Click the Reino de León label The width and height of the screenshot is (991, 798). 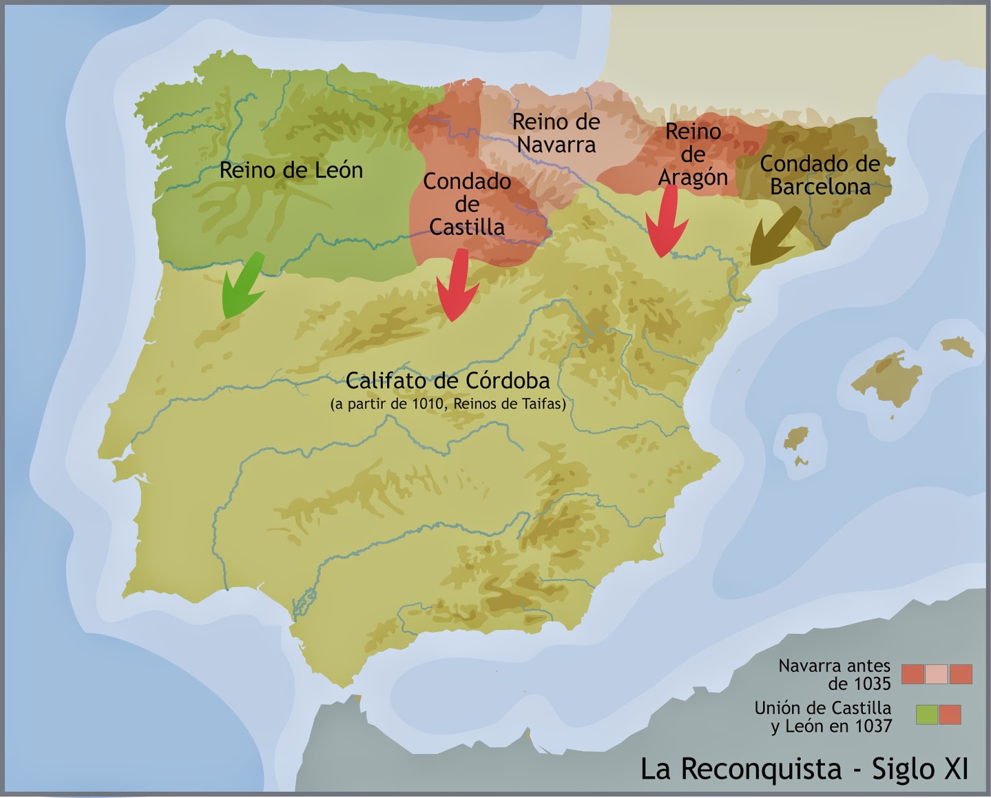pyautogui.click(x=291, y=170)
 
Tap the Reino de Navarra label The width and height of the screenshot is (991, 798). pyautogui.click(x=556, y=133)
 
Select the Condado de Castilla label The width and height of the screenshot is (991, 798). pyautogui.click(x=467, y=204)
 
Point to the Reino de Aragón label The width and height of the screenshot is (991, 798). pyautogui.click(x=692, y=154)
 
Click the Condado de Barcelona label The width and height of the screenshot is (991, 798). pyautogui.click(x=819, y=175)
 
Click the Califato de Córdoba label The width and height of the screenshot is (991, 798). pyautogui.click(x=447, y=380)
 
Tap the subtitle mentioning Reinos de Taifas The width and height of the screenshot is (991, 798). pyautogui.click(x=447, y=404)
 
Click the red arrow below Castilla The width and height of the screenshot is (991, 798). pyautogui.click(x=457, y=286)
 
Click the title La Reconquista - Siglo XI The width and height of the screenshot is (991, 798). pyautogui.click(x=803, y=769)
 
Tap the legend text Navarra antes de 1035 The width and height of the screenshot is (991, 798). pyautogui.click(x=834, y=674)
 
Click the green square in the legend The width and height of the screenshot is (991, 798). pyautogui.click(x=927, y=714)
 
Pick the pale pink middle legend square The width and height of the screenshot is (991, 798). pyautogui.click(x=936, y=674)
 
